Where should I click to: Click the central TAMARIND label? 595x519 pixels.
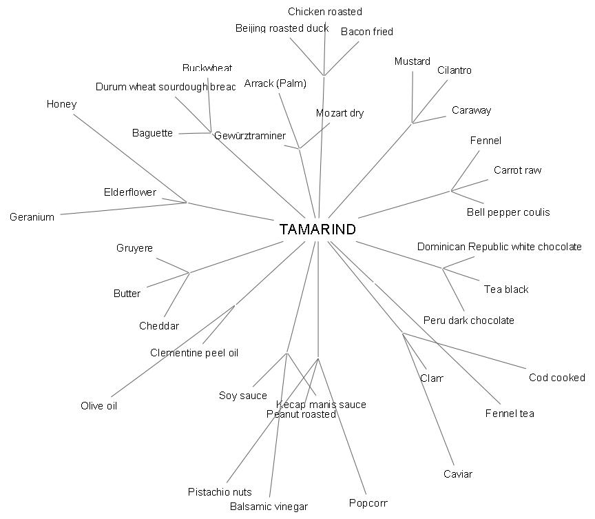pyautogui.click(x=317, y=230)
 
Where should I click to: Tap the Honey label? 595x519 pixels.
pyautogui.click(x=61, y=104)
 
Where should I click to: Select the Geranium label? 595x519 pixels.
pyautogui.click(x=32, y=217)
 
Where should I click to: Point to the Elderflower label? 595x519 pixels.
pyautogui.click(x=130, y=192)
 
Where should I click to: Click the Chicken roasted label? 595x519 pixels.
pyautogui.click(x=325, y=12)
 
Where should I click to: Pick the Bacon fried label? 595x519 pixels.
pyautogui.click(x=367, y=32)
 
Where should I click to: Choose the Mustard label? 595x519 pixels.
pyautogui.click(x=413, y=61)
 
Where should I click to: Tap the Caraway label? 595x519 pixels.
pyautogui.click(x=472, y=110)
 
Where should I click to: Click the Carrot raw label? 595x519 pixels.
pyautogui.click(x=518, y=170)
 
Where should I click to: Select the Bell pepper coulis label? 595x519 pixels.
pyautogui.click(x=508, y=212)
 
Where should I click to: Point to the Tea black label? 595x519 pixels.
pyautogui.click(x=506, y=289)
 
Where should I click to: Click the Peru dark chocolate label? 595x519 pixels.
pyautogui.click(x=469, y=320)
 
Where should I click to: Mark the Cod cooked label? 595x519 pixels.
pyautogui.click(x=557, y=378)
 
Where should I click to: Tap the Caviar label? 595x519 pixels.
pyautogui.click(x=458, y=474)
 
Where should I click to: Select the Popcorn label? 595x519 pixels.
pyautogui.click(x=368, y=502)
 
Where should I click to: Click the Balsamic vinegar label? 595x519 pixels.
pyautogui.click(x=269, y=507)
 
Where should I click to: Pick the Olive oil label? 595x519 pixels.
pyautogui.click(x=99, y=406)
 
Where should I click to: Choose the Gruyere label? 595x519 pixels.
pyautogui.click(x=134, y=248)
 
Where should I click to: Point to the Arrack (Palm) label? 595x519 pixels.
pyautogui.click(x=275, y=84)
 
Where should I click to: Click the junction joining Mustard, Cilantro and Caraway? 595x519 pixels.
pyautogui.click(x=413, y=123)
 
